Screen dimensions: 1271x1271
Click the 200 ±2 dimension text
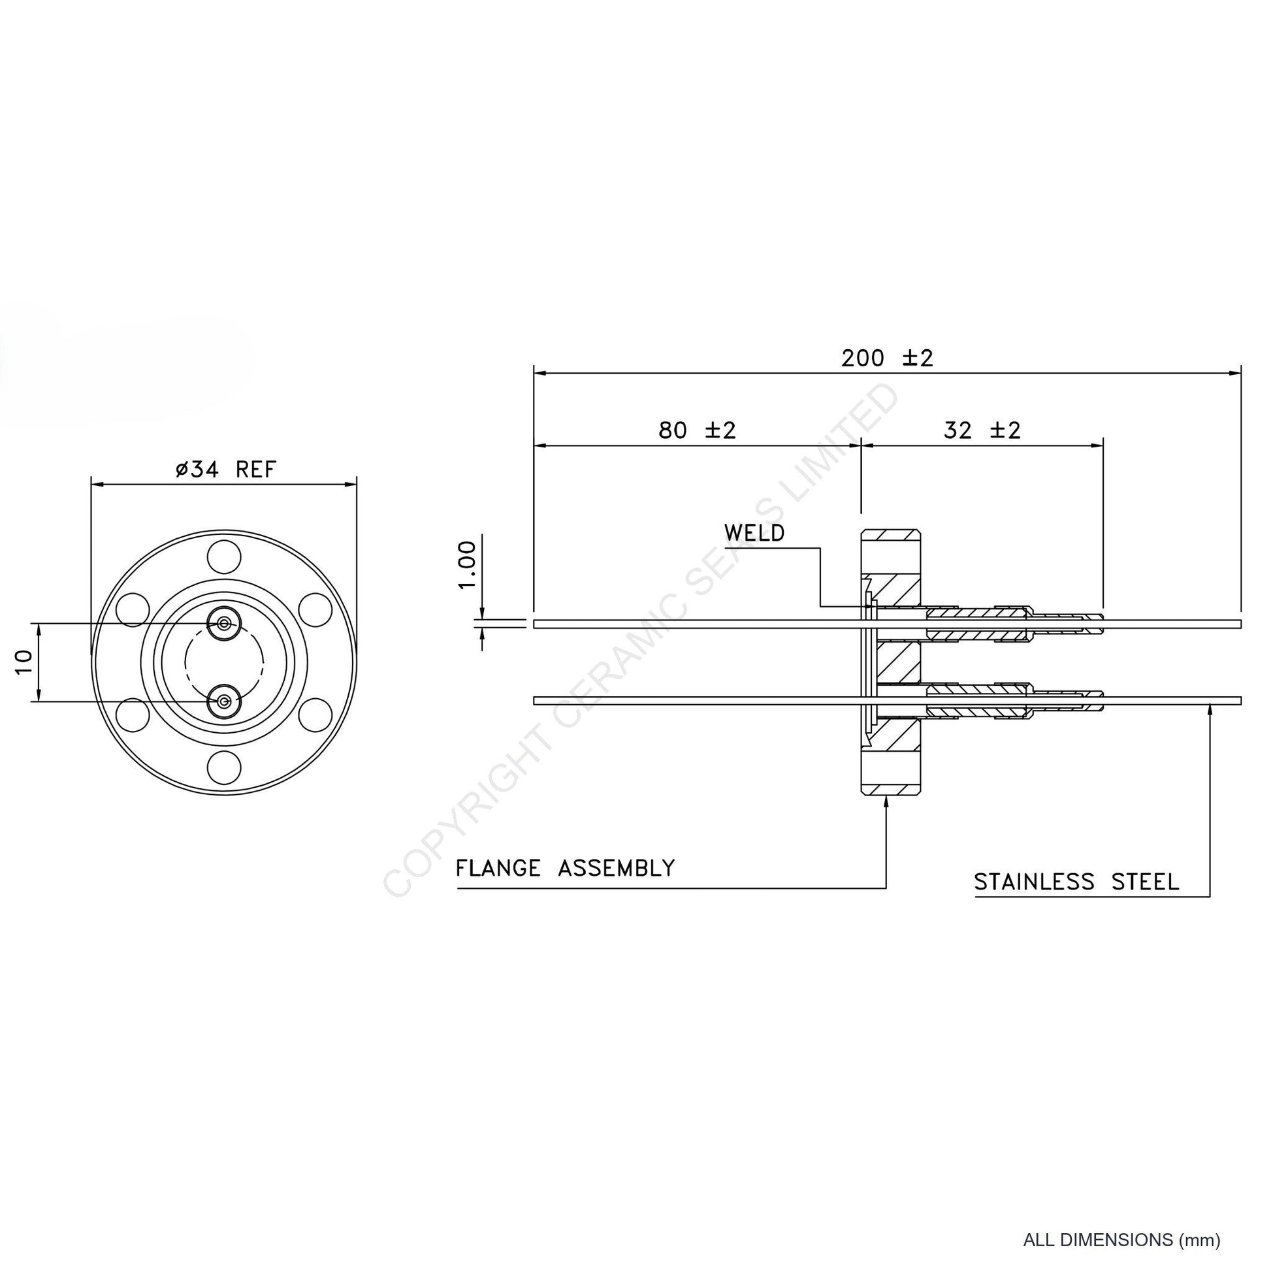click(x=888, y=359)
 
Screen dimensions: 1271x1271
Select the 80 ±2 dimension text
click(x=698, y=431)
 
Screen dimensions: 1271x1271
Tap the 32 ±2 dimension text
click(x=982, y=431)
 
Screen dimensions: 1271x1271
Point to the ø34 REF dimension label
click(x=226, y=470)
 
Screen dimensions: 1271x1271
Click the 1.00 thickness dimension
click(x=467, y=565)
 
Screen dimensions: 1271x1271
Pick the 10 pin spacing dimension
click(x=24, y=662)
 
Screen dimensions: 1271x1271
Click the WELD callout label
click(x=754, y=533)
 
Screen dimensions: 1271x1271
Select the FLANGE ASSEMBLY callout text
click(x=566, y=869)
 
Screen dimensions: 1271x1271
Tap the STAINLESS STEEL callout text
click(x=1077, y=882)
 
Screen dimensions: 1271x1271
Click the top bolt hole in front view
click(x=223, y=556)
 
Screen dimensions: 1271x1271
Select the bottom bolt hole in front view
click(x=223, y=767)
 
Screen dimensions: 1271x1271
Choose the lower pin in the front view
click(x=224, y=701)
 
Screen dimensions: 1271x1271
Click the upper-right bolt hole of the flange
click(x=315, y=609)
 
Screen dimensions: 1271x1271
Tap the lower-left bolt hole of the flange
click(x=132, y=715)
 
